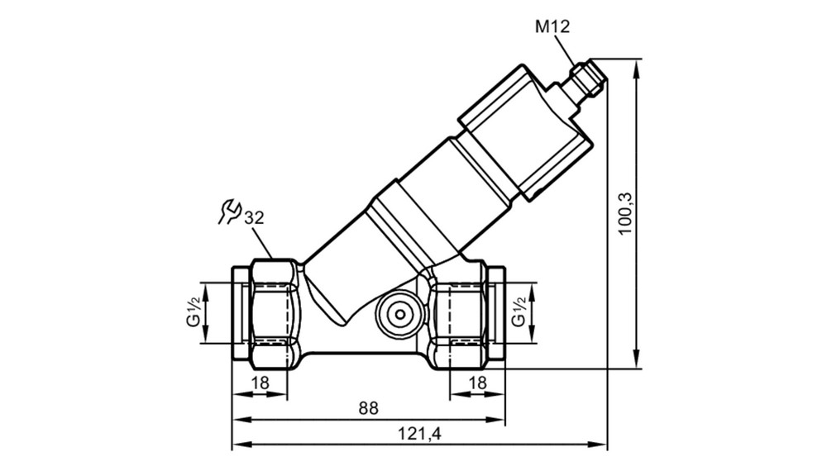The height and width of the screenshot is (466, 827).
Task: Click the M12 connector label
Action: (x=552, y=26)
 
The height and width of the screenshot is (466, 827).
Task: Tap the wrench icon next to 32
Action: (x=229, y=212)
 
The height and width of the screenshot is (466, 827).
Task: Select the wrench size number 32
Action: (x=254, y=217)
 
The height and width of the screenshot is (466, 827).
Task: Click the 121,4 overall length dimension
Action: (x=419, y=434)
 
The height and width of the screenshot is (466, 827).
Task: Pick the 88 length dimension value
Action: (x=369, y=408)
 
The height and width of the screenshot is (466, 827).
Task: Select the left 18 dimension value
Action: (x=260, y=383)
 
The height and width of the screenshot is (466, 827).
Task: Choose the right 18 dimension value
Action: (x=477, y=383)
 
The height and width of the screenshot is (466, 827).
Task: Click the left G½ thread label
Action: (x=194, y=311)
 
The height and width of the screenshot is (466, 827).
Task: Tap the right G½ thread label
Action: (x=519, y=311)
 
